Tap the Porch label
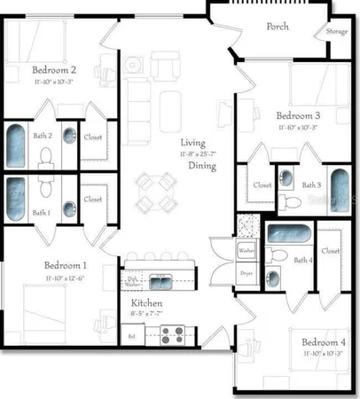point(278,27)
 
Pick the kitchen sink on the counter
point(160,283)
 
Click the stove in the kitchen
point(172,335)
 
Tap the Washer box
point(247,251)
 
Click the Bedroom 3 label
point(297,116)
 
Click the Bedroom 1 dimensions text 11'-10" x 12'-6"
point(64,278)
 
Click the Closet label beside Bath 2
point(93,137)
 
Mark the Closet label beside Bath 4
point(331,251)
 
